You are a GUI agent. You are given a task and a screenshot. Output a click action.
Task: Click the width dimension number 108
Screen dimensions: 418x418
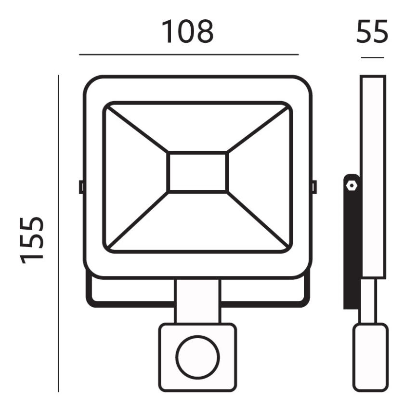click(187, 32)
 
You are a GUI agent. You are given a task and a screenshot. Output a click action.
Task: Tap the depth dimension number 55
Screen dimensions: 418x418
click(372, 32)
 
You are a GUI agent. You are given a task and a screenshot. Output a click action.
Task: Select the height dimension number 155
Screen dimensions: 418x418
click(33, 240)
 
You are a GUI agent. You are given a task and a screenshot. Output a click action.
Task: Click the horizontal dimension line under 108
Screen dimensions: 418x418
click(189, 55)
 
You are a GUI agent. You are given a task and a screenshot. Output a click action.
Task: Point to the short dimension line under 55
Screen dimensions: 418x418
click(372, 58)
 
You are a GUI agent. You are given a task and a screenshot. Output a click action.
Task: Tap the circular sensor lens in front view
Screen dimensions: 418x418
click(197, 357)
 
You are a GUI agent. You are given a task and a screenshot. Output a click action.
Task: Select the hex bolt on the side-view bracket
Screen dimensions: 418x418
click(351, 184)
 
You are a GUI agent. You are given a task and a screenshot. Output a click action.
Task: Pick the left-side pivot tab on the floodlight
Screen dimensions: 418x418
click(81, 187)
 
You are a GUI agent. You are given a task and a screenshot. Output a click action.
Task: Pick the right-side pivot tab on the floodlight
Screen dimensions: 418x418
click(314, 187)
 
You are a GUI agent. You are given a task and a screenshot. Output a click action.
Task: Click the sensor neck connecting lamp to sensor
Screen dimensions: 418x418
click(197, 301)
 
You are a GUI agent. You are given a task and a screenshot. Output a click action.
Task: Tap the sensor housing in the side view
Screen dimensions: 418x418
click(370, 357)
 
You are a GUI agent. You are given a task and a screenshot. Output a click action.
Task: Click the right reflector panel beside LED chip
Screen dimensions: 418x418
click(259, 176)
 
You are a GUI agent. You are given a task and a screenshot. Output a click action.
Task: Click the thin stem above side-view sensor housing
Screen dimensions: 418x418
click(369, 301)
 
